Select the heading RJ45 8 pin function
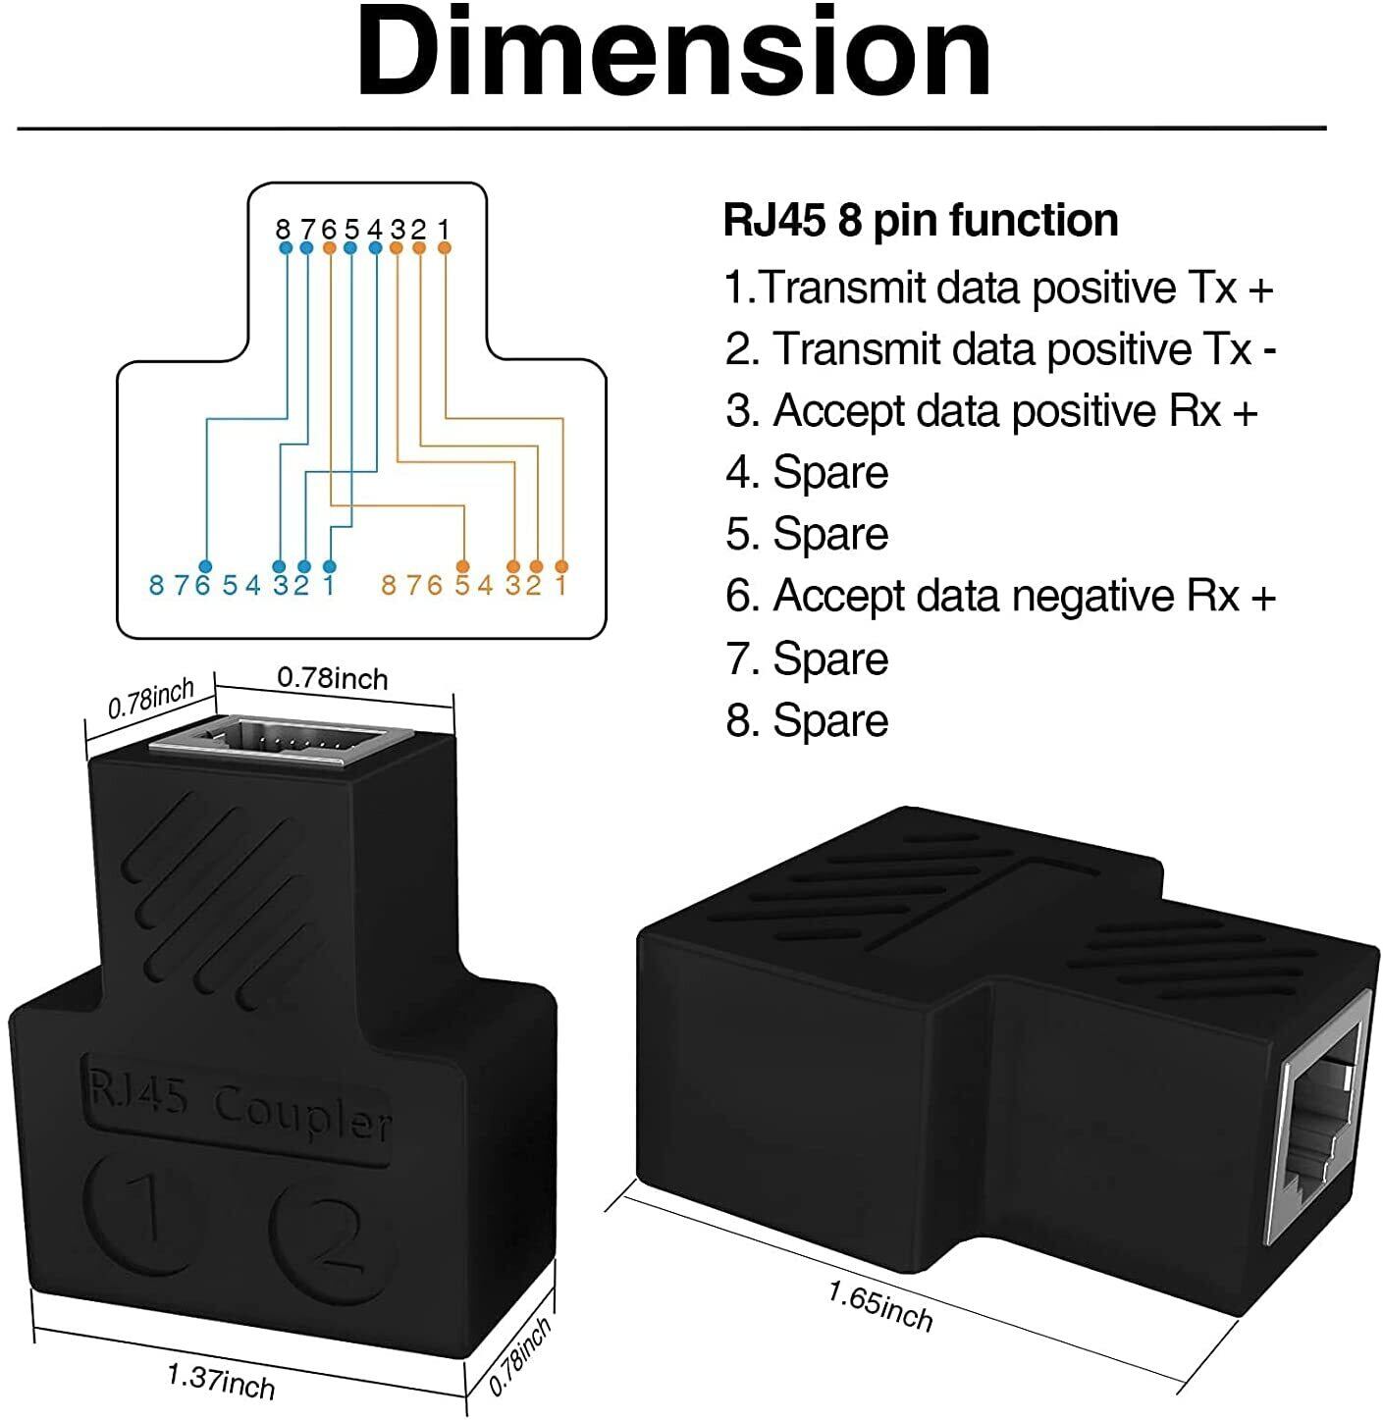920,220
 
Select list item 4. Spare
807,472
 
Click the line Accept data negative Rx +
999,596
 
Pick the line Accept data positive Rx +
991,410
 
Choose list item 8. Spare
807,720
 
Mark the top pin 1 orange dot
444,249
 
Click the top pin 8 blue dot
286,249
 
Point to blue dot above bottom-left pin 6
205,566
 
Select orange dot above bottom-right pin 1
561,566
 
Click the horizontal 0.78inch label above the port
333,677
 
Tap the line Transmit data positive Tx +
998,288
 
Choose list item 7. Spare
807,658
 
